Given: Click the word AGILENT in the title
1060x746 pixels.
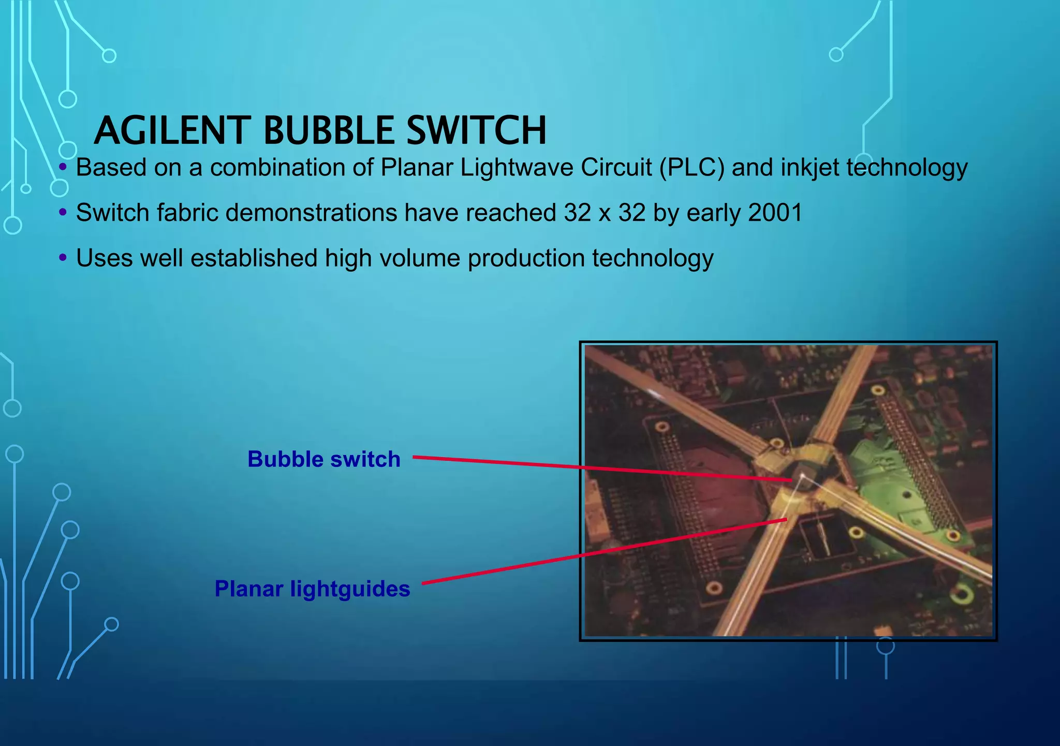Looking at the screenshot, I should tap(172, 130).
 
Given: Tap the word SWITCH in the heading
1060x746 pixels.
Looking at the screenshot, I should tap(476, 130).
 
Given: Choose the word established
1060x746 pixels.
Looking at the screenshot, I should tap(254, 258).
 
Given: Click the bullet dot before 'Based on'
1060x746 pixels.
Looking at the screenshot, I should tap(63, 167).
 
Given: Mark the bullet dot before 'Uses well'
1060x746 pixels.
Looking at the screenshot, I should tap(63, 257).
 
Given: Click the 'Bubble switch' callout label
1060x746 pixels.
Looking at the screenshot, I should tap(324, 459).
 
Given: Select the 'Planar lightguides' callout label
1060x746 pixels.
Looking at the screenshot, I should tap(312, 589).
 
